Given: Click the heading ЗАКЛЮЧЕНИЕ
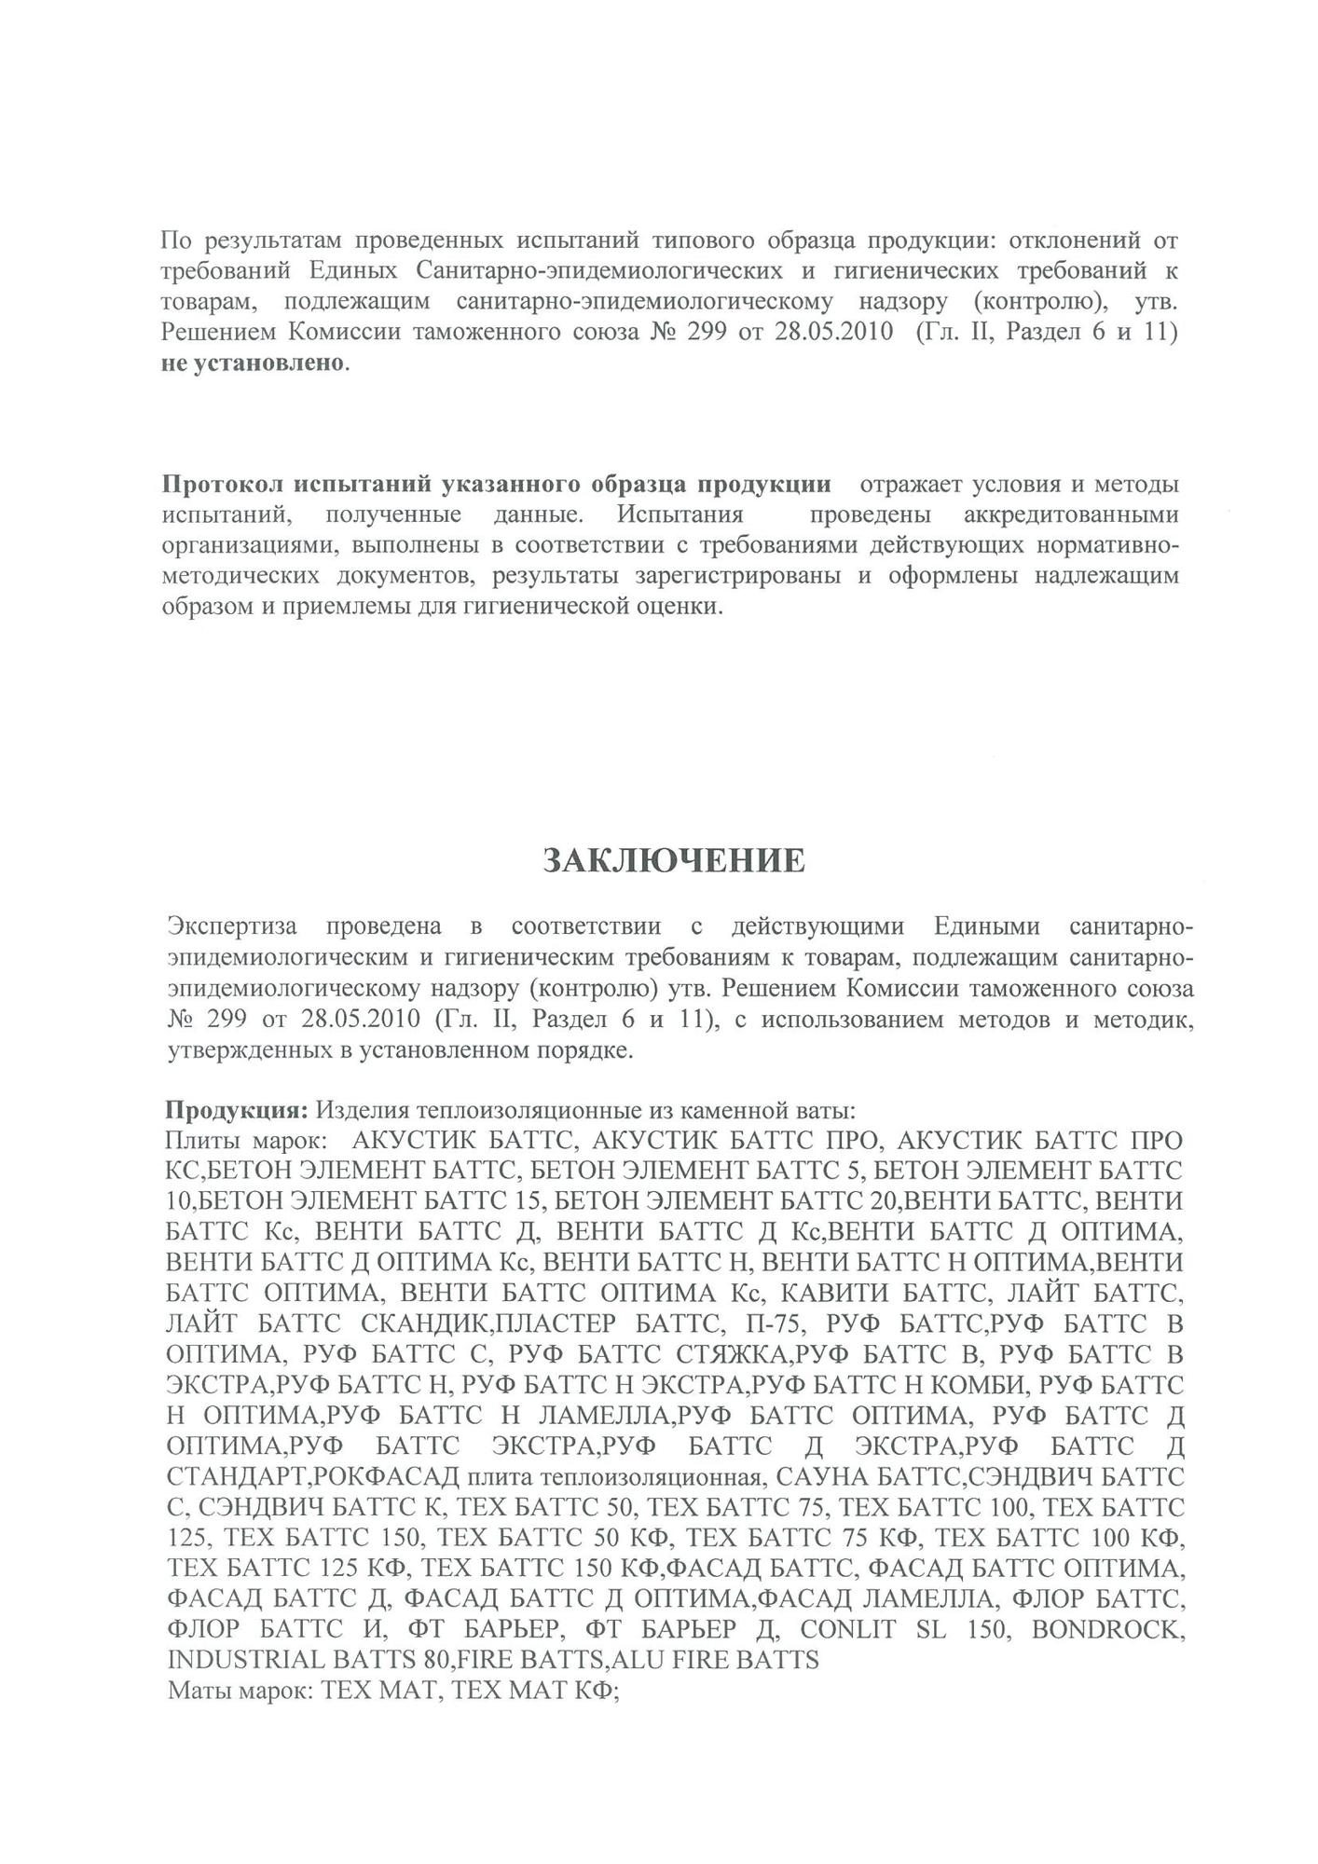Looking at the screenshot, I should click(x=674, y=860).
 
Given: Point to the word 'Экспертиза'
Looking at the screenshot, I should click(x=232, y=926).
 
